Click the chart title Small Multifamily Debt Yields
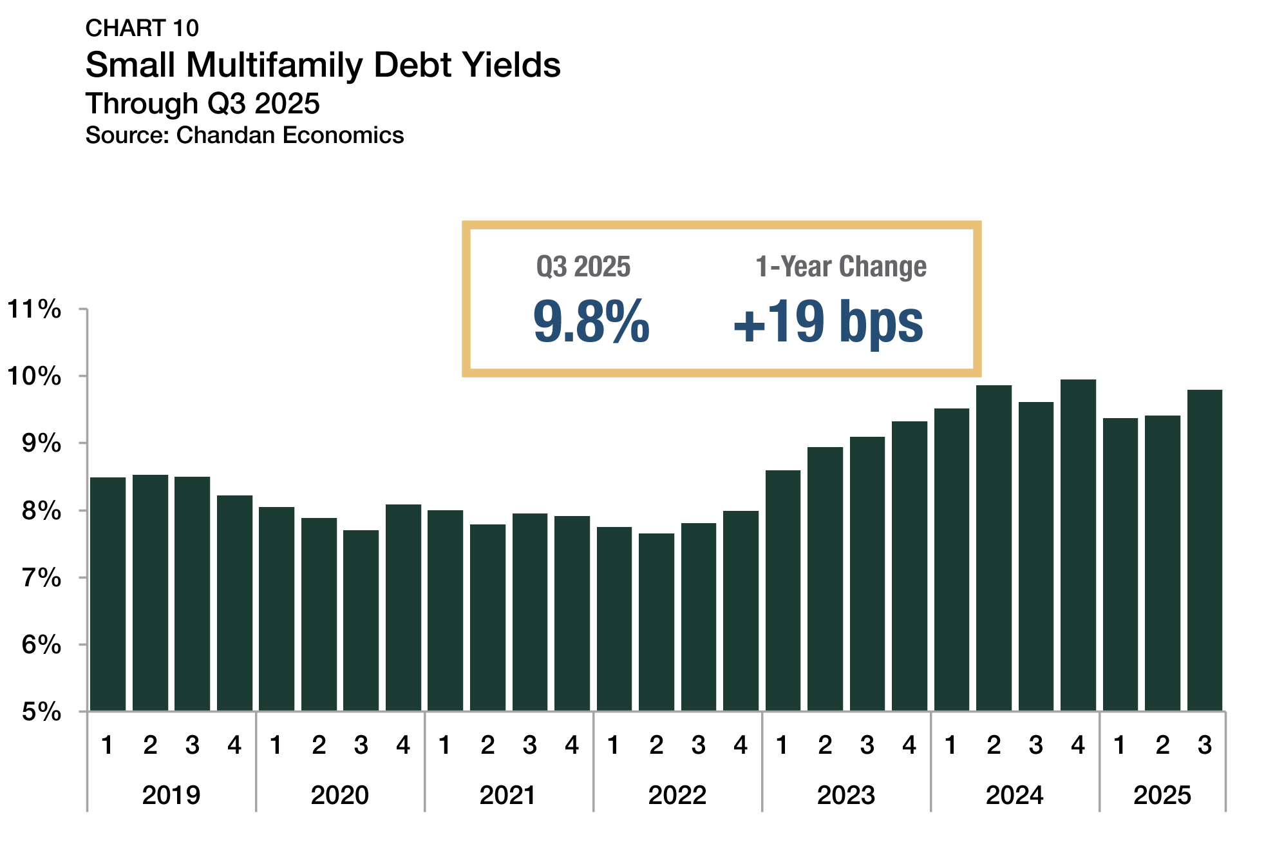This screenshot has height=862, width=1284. tap(323, 66)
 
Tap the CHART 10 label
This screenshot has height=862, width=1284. tap(142, 28)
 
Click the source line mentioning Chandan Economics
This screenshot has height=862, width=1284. tap(245, 135)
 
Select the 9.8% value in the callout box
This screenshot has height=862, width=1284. tap(590, 321)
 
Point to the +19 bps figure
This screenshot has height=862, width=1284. tap(828, 321)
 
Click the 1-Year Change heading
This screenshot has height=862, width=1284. tap(840, 267)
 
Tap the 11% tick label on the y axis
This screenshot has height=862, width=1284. tap(34, 309)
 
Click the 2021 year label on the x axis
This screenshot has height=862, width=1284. tap(508, 796)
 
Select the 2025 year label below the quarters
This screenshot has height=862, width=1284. tap(1162, 796)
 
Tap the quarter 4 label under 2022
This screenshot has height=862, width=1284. tap(741, 745)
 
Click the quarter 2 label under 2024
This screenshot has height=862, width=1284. tap(994, 745)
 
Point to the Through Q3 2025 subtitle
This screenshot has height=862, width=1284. tap(202, 104)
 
